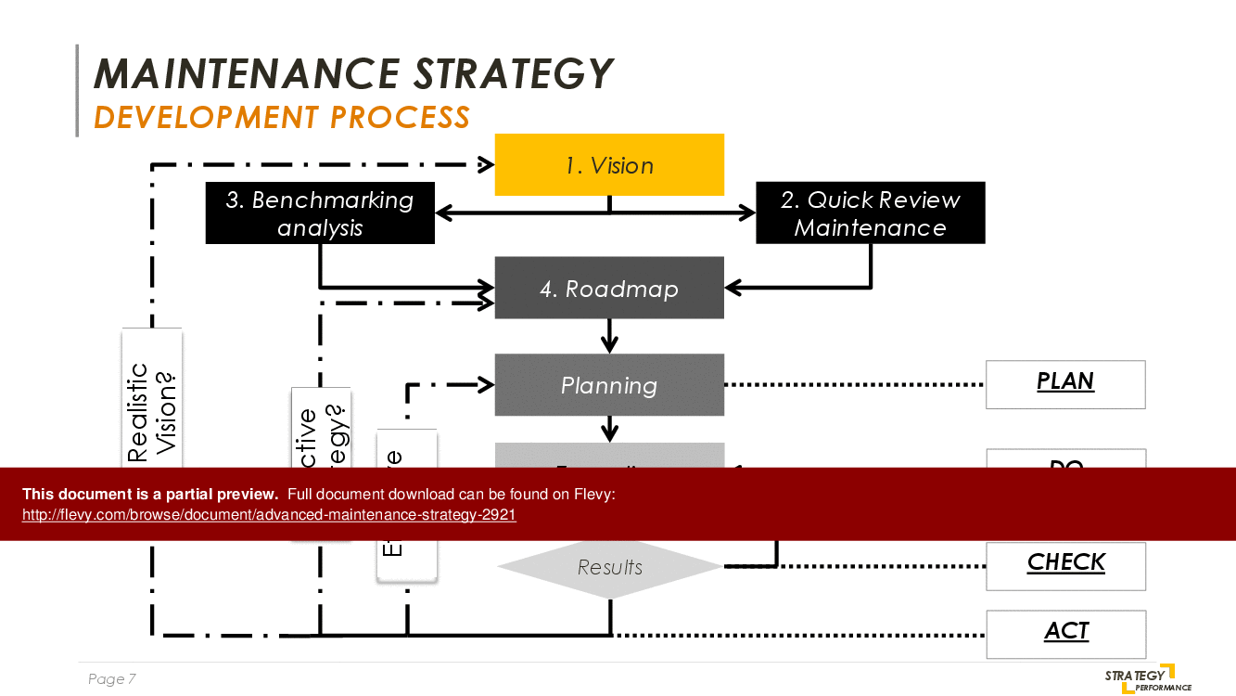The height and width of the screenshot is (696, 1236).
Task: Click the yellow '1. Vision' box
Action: click(x=609, y=165)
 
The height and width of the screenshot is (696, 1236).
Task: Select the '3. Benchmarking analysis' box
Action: click(x=320, y=213)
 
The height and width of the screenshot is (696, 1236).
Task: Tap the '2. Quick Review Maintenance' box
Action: click(x=870, y=213)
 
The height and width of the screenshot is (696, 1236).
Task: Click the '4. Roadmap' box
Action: click(x=609, y=289)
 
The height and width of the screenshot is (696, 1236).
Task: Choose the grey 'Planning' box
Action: click(x=609, y=385)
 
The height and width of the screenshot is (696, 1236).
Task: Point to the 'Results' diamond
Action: click(x=609, y=567)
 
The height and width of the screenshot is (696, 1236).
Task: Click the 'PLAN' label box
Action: click(x=1065, y=384)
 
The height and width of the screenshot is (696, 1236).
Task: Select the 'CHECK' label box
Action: click(x=1065, y=565)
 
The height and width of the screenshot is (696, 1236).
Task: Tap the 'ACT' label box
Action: click(x=1065, y=633)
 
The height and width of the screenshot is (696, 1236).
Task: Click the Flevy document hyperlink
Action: click(x=269, y=515)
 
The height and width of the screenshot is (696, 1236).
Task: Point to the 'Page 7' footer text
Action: click(x=112, y=679)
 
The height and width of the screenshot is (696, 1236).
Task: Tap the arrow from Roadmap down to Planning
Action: click(x=609, y=337)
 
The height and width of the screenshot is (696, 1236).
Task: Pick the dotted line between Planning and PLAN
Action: click(x=853, y=384)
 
